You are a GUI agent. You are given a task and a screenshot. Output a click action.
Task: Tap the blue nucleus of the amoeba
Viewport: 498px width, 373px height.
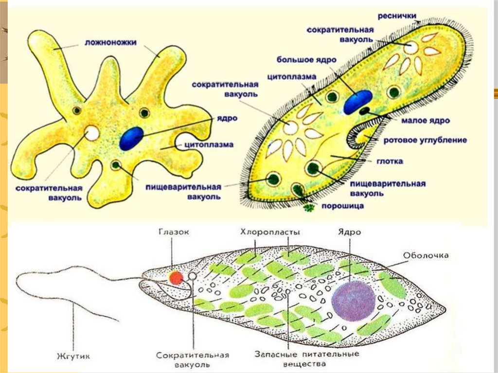click(131, 138)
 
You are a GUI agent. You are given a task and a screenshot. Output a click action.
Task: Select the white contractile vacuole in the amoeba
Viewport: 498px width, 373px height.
click(91, 133)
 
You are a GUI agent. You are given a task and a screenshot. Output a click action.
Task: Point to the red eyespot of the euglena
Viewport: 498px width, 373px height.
click(176, 278)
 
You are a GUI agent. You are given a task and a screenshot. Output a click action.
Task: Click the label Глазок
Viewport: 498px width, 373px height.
click(174, 232)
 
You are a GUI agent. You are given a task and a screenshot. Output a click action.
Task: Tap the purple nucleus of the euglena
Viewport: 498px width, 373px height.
click(353, 301)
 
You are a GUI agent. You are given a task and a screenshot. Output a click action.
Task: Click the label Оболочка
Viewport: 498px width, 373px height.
click(426, 255)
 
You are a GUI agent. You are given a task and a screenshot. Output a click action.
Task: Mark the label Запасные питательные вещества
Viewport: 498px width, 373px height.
click(307, 358)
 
